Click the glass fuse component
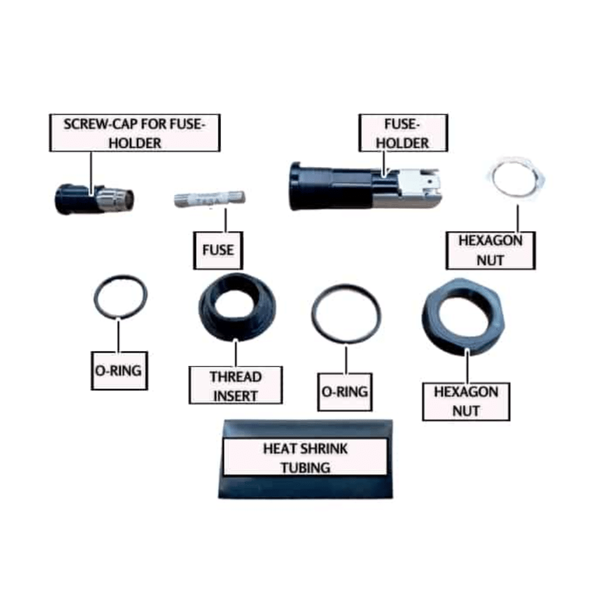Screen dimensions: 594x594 (211, 200)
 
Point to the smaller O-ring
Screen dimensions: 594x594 (121, 296)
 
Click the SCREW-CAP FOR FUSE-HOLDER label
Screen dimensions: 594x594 (135, 133)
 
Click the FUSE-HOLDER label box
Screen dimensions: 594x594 (402, 133)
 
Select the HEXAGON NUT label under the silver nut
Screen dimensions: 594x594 (490, 250)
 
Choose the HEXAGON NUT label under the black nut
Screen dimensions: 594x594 (466, 402)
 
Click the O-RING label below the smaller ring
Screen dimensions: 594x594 (119, 371)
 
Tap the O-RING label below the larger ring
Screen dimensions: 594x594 (345, 392)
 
